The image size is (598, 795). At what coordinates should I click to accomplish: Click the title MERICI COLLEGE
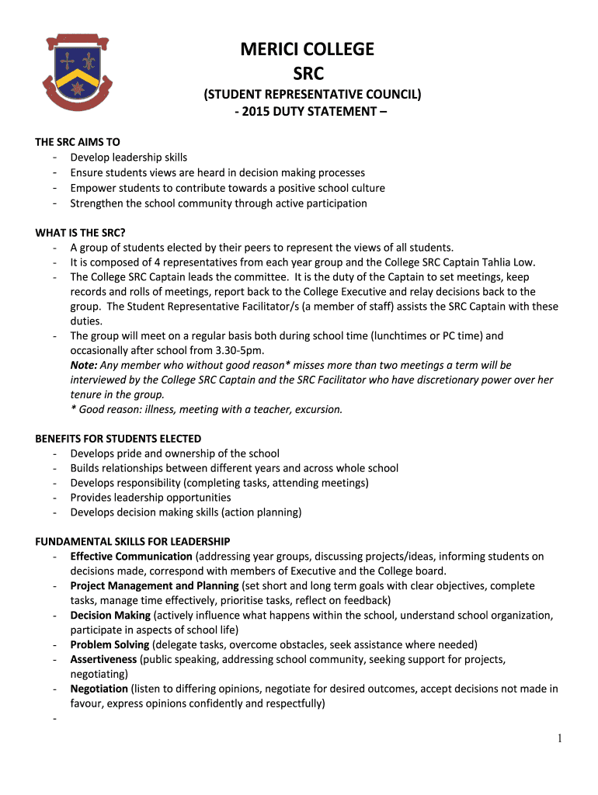(307, 50)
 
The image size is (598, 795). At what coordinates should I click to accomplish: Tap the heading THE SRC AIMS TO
(78, 143)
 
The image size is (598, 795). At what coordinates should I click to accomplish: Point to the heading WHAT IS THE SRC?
(81, 233)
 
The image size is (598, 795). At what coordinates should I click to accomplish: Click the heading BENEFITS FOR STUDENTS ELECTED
(118, 439)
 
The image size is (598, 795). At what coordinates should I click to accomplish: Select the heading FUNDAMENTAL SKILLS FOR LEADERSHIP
(133, 541)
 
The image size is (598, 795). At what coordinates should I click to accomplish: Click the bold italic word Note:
(84, 365)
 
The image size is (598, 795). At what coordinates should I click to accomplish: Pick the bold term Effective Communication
(131, 557)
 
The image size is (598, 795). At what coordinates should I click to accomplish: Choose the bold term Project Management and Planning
(154, 586)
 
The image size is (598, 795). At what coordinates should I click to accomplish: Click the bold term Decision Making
(110, 616)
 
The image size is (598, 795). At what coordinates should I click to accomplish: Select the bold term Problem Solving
(110, 645)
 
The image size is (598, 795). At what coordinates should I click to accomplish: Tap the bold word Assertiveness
(103, 660)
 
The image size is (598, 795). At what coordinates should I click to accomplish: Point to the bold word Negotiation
(99, 689)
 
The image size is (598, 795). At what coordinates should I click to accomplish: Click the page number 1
(560, 739)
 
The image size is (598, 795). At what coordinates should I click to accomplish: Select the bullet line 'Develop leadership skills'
(128, 158)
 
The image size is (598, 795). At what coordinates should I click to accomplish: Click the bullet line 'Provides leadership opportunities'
(150, 498)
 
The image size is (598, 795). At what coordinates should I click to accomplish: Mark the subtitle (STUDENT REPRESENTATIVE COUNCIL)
(312, 95)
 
